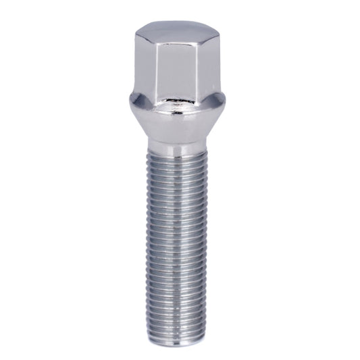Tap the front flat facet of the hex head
tap(178, 71)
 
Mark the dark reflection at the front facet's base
tap(178, 105)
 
